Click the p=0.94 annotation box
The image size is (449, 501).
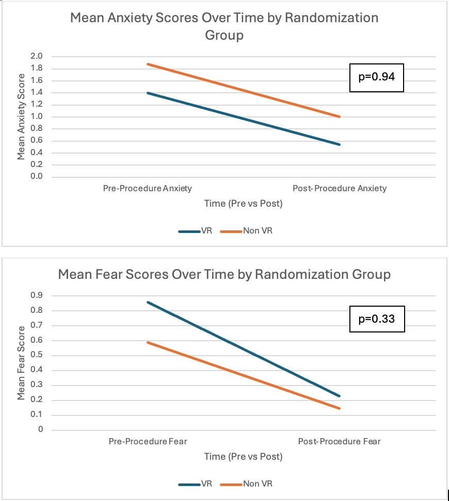376,77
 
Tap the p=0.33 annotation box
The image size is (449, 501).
376,319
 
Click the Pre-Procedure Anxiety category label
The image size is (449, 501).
147,188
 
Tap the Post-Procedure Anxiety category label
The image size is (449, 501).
339,188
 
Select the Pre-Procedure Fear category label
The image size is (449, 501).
148,441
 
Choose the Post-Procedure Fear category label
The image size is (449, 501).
339,441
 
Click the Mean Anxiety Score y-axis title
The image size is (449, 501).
22,116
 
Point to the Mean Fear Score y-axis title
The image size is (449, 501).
22,362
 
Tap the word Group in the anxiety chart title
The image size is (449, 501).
224,36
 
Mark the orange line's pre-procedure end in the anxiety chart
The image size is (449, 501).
148,64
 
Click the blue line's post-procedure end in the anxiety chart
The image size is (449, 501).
340,144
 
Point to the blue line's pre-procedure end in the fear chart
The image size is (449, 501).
148,302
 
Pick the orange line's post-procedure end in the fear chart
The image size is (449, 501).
340,408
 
